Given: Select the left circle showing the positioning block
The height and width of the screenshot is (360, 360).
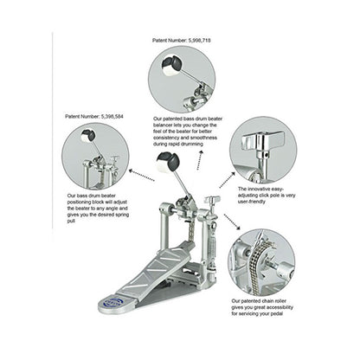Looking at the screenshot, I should pyautogui.click(x=95, y=156).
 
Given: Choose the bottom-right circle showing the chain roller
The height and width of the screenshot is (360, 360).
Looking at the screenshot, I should pyautogui.click(x=263, y=262).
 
